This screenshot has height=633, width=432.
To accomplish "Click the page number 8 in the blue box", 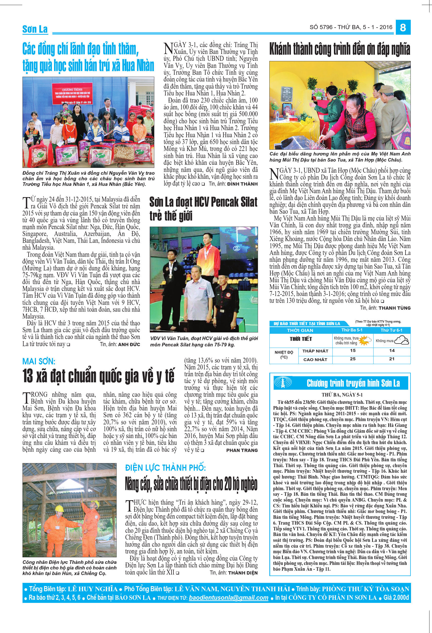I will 403,27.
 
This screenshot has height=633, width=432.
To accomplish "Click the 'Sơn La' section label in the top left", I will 35,29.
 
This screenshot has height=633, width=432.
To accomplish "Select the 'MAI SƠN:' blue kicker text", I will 39,361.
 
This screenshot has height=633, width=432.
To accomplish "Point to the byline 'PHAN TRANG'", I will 242,450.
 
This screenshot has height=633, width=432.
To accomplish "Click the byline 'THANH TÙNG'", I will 395,308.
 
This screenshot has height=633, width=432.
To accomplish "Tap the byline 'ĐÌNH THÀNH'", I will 242,184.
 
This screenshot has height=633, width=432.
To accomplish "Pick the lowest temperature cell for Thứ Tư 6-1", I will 392,350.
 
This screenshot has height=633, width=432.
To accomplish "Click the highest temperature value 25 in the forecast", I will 353,359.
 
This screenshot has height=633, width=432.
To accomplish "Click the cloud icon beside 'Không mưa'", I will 401,340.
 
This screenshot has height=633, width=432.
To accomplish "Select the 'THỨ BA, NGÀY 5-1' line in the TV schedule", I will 342,395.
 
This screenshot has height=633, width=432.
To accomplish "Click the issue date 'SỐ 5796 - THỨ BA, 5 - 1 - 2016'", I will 351,27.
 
